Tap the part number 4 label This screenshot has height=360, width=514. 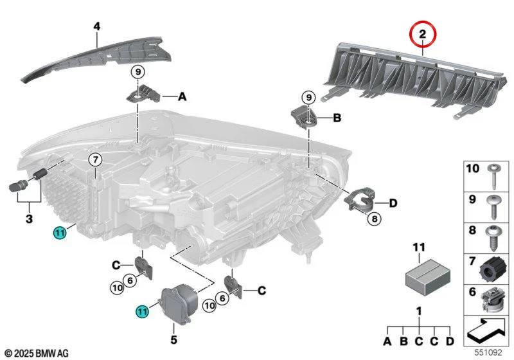pos(97,26)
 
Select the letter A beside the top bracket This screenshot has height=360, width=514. pos(182,96)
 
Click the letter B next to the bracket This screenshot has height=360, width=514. pos(337,118)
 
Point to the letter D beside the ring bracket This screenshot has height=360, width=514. pos(393,203)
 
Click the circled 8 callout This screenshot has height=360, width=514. pos(375,219)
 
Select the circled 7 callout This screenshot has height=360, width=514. pos(95,160)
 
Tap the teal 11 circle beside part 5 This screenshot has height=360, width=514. pos(142,310)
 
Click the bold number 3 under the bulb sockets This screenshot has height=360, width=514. pos(29,219)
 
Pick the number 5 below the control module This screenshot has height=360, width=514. pos(173,339)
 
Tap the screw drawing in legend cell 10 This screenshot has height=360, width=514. pos(494,176)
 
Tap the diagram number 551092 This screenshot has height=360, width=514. pos(488,352)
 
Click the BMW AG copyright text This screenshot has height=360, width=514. pos(37,353)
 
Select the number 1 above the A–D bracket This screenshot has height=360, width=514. pos(419,311)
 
